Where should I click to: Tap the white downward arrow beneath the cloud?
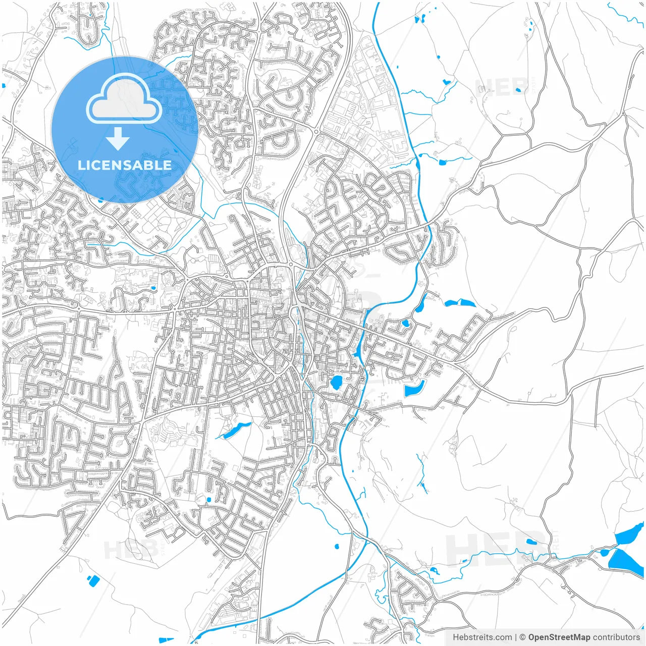118,139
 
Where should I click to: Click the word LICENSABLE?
124,165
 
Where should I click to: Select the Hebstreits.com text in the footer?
482,637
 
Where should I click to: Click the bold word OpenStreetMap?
559,637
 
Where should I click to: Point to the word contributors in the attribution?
616,637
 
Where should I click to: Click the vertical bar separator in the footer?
516,637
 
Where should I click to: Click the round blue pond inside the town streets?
336,382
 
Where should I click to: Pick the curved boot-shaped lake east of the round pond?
414,388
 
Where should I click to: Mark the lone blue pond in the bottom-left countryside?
93,581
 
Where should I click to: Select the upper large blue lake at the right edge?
630,534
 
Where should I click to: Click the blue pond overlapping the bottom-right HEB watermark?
531,542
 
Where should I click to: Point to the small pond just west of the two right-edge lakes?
604,553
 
